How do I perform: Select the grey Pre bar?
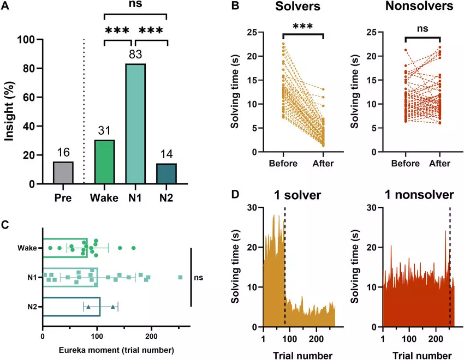click(x=63, y=173)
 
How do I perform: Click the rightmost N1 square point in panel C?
click(x=181, y=278)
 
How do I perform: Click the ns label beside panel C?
click(x=199, y=277)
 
